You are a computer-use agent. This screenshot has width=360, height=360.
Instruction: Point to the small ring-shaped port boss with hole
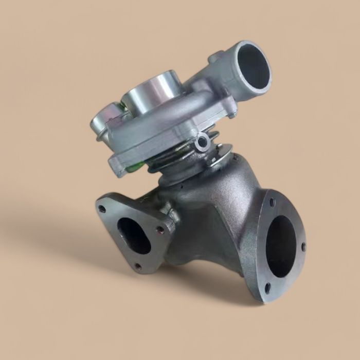[x=202, y=142]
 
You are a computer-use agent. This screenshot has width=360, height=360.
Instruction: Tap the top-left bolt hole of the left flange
[x=102, y=209]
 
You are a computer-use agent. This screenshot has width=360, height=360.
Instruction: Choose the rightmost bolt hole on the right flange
[x=303, y=247]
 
